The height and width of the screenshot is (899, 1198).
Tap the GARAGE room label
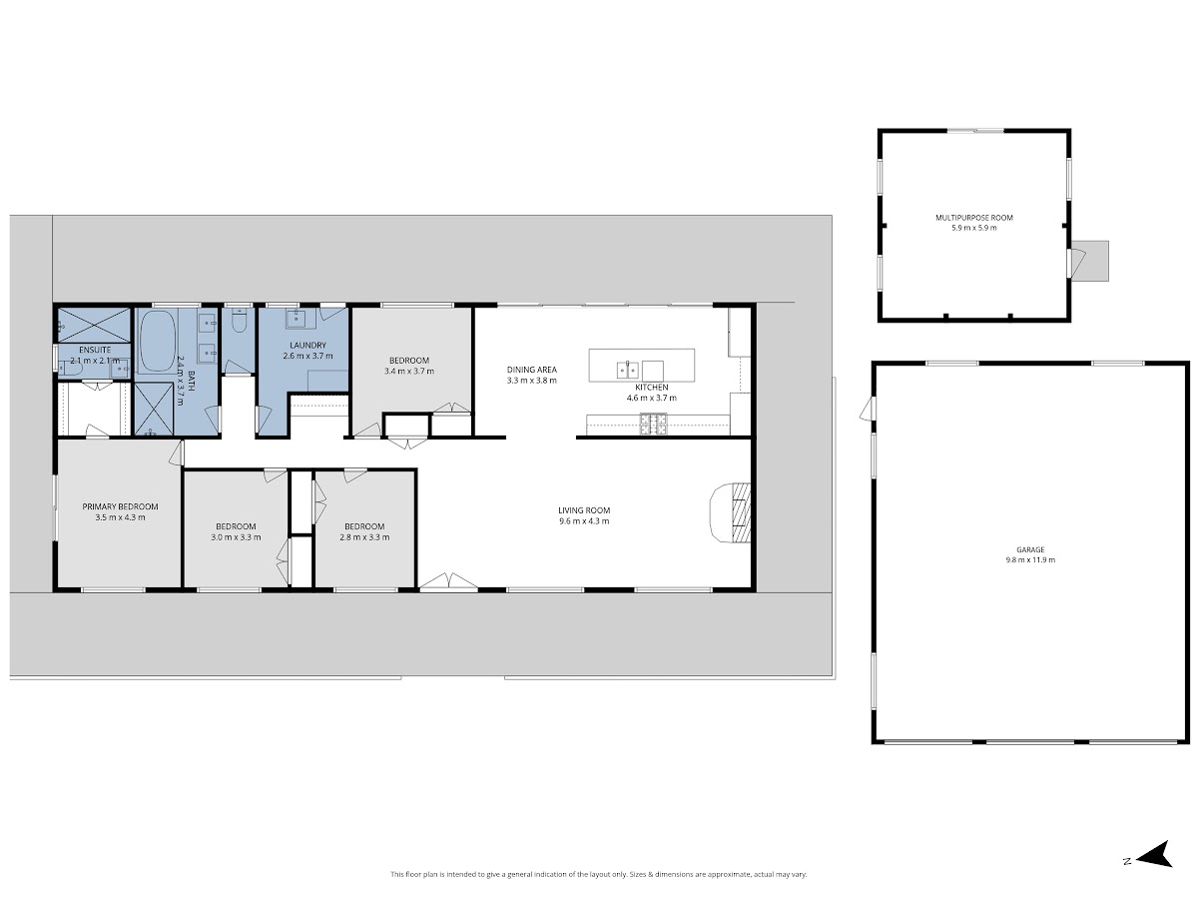point(1030,549)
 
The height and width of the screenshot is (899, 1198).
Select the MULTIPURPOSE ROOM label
point(974,217)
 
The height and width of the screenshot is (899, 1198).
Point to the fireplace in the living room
point(730,512)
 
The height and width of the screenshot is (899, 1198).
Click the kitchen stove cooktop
point(653,425)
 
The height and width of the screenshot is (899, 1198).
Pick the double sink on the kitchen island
point(628,370)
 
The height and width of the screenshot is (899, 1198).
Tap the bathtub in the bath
point(158,342)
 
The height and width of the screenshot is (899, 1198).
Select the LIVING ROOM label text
point(584,510)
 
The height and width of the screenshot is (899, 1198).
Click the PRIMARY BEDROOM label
point(120,506)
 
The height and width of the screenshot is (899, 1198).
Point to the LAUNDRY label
point(307,345)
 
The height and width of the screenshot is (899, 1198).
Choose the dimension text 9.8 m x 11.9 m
point(1030,559)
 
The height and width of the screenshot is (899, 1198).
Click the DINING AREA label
point(531,370)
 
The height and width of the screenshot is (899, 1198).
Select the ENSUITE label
point(95,350)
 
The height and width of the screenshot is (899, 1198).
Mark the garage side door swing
point(867,409)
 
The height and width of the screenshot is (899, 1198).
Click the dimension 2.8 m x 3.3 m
point(364,537)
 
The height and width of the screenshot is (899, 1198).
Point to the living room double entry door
point(448,581)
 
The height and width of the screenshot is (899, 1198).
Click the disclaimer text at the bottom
point(598,874)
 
